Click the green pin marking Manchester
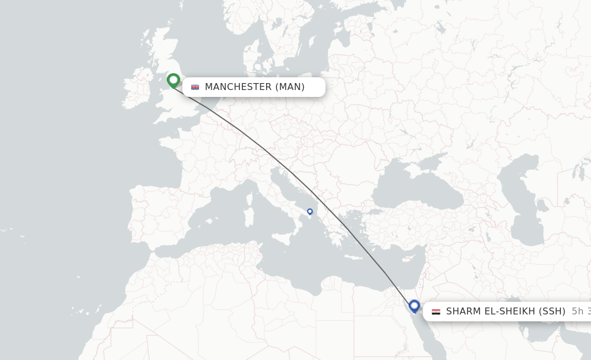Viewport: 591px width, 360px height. [x=173, y=80]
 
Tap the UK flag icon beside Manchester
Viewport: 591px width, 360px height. [x=195, y=87]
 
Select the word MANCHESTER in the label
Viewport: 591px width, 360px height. [x=238, y=87]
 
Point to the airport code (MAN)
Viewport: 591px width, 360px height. [x=290, y=87]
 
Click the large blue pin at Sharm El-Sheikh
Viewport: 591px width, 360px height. [x=414, y=305]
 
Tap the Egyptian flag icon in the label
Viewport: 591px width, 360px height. [x=436, y=312]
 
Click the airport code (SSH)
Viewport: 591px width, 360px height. [x=552, y=312]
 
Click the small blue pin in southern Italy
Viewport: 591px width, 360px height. [x=310, y=212]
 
